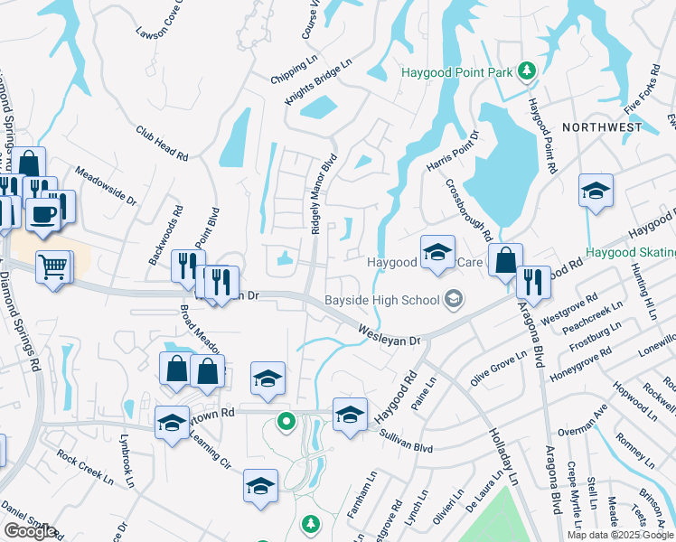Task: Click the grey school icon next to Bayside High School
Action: click(x=454, y=299)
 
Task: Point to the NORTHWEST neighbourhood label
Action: click(x=602, y=128)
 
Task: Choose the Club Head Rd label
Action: click(x=162, y=143)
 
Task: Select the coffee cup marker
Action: click(x=42, y=213)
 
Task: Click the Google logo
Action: click(x=30, y=531)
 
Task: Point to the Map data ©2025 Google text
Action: click(x=620, y=535)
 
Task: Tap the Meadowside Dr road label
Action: click(x=104, y=184)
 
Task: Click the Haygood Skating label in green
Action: click(x=630, y=253)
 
